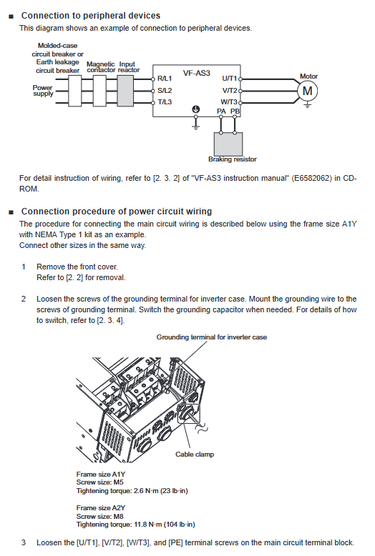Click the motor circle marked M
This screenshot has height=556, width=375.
click(307, 91)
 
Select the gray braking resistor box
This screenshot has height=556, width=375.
click(228, 144)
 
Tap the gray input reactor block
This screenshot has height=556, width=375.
click(125, 91)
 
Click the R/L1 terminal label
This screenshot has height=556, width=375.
click(165, 79)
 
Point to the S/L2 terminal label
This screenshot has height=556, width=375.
click(165, 91)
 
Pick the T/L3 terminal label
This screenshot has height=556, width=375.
click(165, 102)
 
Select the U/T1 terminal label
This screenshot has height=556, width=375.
click(230, 79)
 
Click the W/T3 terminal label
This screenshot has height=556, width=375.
click(229, 102)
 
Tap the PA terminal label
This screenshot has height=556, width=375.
click(221, 111)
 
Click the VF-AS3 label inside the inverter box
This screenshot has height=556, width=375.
click(196, 73)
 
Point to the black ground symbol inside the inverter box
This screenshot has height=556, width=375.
click(195, 109)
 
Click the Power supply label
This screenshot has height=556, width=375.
click(43, 91)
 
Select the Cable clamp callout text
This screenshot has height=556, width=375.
click(195, 455)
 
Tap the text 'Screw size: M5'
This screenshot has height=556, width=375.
click(99, 482)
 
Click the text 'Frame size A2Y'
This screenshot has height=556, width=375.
click(100, 508)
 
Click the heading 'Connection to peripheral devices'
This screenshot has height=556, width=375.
click(91, 16)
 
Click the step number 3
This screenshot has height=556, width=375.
click(24, 542)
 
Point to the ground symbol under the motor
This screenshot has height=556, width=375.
click(308, 105)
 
